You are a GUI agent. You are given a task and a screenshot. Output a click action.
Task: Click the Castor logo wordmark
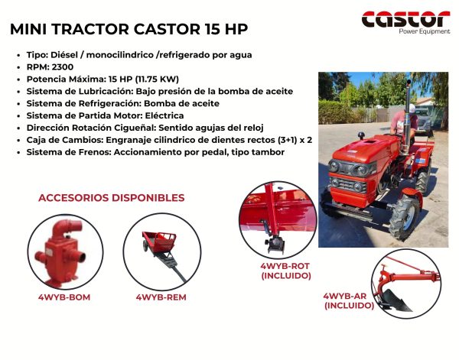coord(405,19)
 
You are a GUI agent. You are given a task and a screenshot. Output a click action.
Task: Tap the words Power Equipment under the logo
coord(425,31)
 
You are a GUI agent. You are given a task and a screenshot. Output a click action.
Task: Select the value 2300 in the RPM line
coord(63,67)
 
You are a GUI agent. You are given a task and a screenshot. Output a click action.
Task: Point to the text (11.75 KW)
coord(157,79)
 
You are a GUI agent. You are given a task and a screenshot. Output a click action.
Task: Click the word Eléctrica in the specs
coord(164,115)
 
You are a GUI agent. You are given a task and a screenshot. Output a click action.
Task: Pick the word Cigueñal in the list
coord(137,128)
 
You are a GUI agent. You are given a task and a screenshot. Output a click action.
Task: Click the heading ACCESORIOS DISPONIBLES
coord(111,198)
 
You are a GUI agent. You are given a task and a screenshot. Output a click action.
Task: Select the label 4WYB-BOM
coord(64,297)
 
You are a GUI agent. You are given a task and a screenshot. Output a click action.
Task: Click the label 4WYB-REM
coord(161,297)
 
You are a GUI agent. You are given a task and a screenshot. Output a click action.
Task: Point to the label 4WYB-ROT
coord(285,266)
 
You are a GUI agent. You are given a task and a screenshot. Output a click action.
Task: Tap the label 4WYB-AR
coord(344,296)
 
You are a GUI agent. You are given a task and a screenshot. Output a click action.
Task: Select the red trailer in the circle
coord(160,242)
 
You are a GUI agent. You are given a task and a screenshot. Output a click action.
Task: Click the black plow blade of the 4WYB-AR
coord(396,300)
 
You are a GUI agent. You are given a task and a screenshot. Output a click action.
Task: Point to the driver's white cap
coord(412,109)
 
